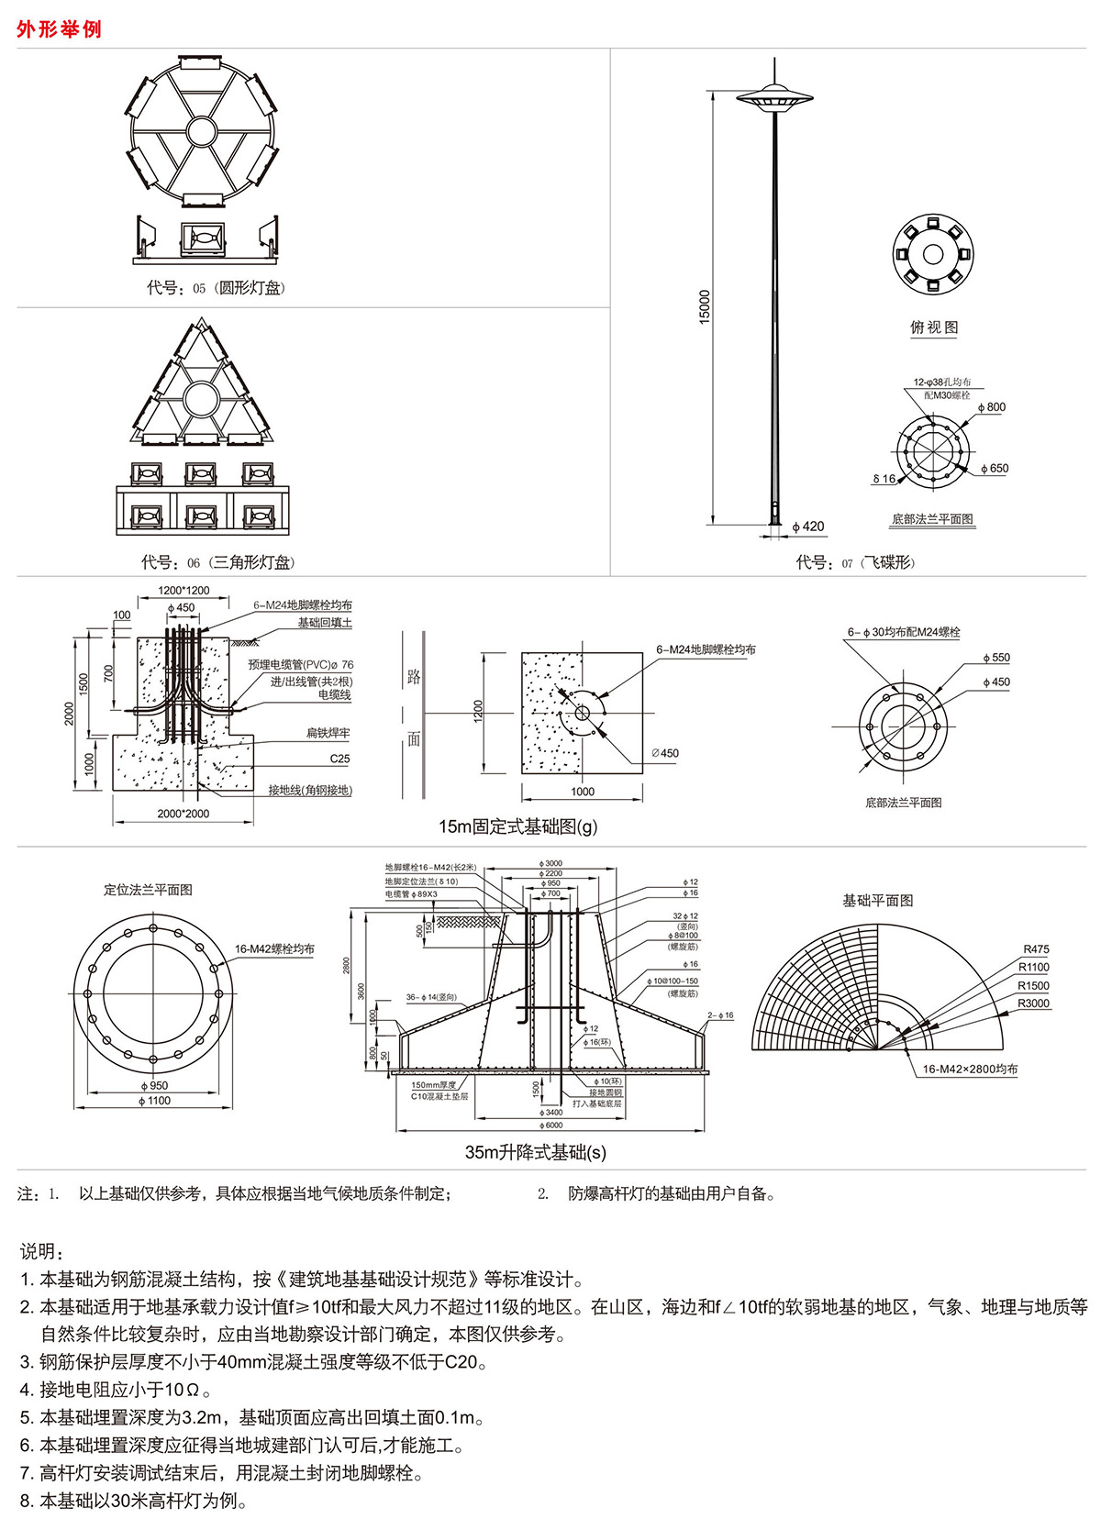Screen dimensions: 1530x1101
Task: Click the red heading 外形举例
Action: pos(59,29)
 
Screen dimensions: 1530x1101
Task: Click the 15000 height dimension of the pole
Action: pos(705,307)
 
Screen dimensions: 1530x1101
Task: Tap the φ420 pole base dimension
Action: pos(808,527)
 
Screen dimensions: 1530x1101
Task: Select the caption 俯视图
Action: pos(933,327)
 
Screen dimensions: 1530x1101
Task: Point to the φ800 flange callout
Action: pos(992,407)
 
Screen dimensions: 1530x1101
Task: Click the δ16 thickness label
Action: pos(884,479)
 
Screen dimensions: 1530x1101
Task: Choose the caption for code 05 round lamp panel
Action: pos(217,288)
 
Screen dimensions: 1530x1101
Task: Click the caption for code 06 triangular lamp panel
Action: pos(218,562)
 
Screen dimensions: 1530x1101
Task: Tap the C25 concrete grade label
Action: pos(339,759)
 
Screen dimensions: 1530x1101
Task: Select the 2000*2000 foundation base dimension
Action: pos(183,814)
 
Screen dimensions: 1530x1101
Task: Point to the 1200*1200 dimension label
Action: pos(183,591)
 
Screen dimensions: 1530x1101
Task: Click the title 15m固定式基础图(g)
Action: pos(517,826)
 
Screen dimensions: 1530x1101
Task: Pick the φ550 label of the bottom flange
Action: pos(995,658)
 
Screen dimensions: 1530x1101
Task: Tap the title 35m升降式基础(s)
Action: pos(536,1152)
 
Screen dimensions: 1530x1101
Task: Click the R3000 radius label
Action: pos(1033,1003)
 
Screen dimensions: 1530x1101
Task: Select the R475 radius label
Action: pos(1036,949)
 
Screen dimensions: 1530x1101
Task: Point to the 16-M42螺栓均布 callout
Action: pos(274,949)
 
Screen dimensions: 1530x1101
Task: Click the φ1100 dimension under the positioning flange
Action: pos(154,1101)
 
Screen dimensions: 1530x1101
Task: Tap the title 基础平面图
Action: pos(878,901)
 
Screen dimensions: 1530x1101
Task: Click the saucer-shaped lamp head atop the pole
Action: pos(775,95)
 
